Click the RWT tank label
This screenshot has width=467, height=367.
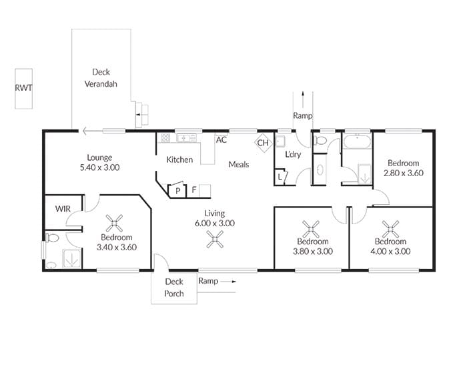tap(23, 88)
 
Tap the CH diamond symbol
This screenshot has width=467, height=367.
tap(264, 143)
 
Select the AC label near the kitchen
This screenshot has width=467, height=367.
tap(221, 139)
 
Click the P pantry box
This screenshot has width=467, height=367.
tap(177, 190)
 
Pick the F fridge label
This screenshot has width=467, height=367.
tap(194, 190)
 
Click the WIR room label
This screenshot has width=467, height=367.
tap(63, 209)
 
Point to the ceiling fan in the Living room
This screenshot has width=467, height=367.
tap(215, 240)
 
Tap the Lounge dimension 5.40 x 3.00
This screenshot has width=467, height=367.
tap(100, 167)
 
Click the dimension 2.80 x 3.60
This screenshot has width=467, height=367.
tap(404, 173)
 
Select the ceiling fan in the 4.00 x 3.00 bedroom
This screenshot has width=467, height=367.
tap(390, 229)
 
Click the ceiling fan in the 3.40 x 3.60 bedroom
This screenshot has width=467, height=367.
tap(114, 223)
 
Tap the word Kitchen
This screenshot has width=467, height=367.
tap(179, 159)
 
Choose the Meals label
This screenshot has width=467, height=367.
tap(239, 164)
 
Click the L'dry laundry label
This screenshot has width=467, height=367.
tap(293, 154)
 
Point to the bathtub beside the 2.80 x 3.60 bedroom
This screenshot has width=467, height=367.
tap(357, 141)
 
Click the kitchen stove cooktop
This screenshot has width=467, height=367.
tap(165, 138)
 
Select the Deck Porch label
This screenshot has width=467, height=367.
tap(174, 288)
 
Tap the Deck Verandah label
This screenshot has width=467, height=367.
tap(101, 78)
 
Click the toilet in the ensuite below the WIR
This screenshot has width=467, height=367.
tap(52, 238)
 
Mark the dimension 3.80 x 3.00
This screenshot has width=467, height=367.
tap(313, 252)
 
